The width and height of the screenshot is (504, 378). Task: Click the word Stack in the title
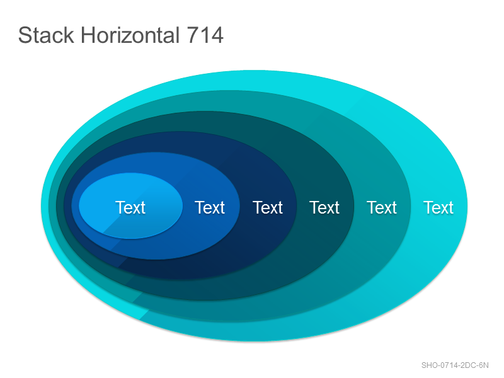tap(46, 35)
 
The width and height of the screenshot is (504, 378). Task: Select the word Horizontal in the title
tap(130, 35)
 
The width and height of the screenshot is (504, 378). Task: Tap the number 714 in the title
tap(205, 35)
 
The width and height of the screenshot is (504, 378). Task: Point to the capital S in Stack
tap(24, 35)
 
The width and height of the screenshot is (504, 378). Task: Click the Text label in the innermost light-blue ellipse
tap(130, 207)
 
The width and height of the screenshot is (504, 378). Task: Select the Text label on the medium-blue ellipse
tap(210, 207)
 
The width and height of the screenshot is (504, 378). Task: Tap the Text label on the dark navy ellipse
tap(268, 207)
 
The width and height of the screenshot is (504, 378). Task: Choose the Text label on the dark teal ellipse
tap(324, 207)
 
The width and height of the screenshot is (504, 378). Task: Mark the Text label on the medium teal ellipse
tap(382, 207)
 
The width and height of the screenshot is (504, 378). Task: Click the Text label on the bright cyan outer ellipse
tap(438, 207)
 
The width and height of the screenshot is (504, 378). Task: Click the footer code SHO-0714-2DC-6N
tap(455, 365)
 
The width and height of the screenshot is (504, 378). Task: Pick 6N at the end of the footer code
tap(484, 365)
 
